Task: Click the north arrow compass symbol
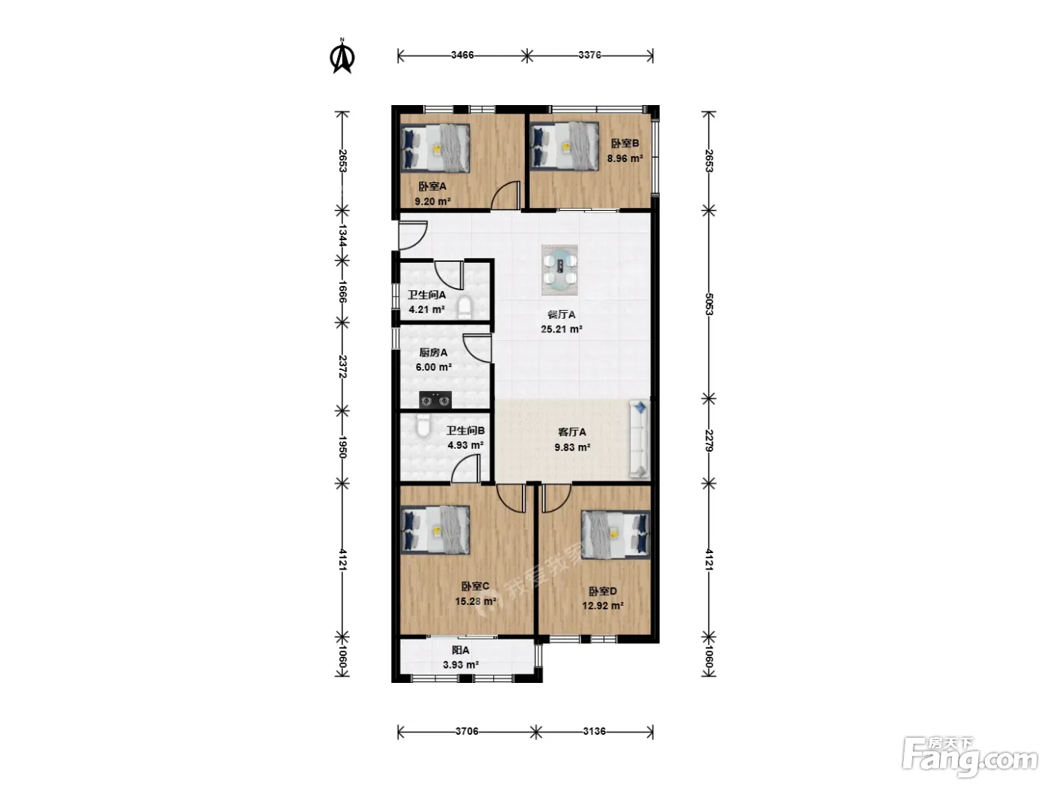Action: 342,56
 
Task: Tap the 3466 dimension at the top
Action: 462,55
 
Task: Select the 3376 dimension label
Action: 589,55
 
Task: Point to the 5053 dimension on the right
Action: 709,304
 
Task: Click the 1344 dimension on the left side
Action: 342,236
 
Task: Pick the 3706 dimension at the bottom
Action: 467,731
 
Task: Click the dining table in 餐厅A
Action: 559,270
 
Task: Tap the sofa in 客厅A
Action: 639,439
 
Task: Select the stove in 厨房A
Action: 435,400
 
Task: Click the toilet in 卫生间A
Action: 465,307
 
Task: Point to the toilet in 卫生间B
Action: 423,426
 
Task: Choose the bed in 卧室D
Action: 616,534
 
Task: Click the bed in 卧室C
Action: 435,531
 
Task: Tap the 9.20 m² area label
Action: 432,201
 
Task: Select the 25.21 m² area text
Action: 562,329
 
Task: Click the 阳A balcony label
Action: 461,650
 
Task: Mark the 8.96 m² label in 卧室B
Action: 625,158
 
